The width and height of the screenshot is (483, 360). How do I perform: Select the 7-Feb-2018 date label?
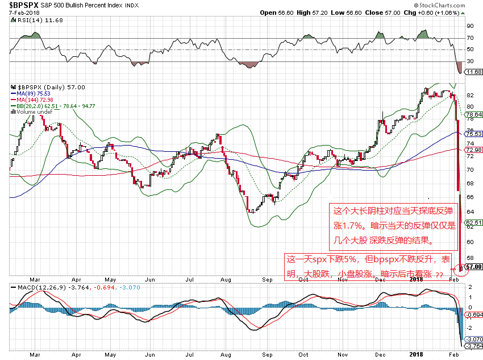pos(16,12)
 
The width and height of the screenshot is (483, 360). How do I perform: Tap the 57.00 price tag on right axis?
pos(473,266)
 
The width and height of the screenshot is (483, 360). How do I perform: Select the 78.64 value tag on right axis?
pos(473,114)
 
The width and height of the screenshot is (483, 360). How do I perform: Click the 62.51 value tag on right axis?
pos(473,222)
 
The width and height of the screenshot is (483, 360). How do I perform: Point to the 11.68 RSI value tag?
pos(473,72)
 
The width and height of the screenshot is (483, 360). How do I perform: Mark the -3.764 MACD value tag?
pos(473,346)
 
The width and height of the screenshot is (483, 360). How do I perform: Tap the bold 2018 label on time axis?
pos(417,280)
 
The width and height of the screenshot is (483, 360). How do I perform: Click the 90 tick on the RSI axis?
pos(470,26)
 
